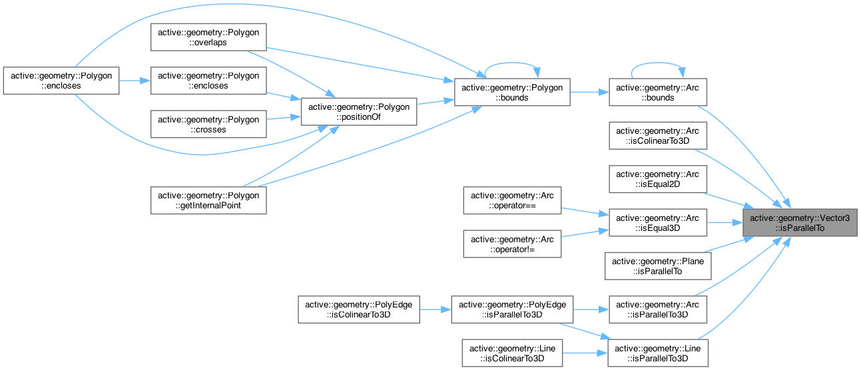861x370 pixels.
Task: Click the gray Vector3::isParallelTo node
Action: pyautogui.click(x=800, y=222)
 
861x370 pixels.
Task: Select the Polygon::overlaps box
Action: pyautogui.click(x=208, y=38)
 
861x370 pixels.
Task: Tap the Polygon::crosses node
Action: pyautogui.click(x=208, y=124)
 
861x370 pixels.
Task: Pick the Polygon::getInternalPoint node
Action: pyautogui.click(x=208, y=200)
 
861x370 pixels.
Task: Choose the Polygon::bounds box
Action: pyautogui.click(x=511, y=92)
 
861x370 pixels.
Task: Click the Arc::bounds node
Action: pyautogui.click(x=657, y=92)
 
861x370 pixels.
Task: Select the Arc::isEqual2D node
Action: pyautogui.click(x=657, y=179)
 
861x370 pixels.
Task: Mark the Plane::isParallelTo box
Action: pyautogui.click(x=657, y=266)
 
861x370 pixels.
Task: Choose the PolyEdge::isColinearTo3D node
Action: pyautogui.click(x=358, y=310)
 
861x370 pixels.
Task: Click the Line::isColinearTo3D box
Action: pyautogui.click(x=513, y=353)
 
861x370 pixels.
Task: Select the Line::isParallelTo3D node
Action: pyautogui.click(x=657, y=353)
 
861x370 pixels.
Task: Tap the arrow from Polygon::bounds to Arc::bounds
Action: pyautogui.click(x=589, y=92)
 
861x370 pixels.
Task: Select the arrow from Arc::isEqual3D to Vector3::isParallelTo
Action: pyautogui.click(x=724, y=222)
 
